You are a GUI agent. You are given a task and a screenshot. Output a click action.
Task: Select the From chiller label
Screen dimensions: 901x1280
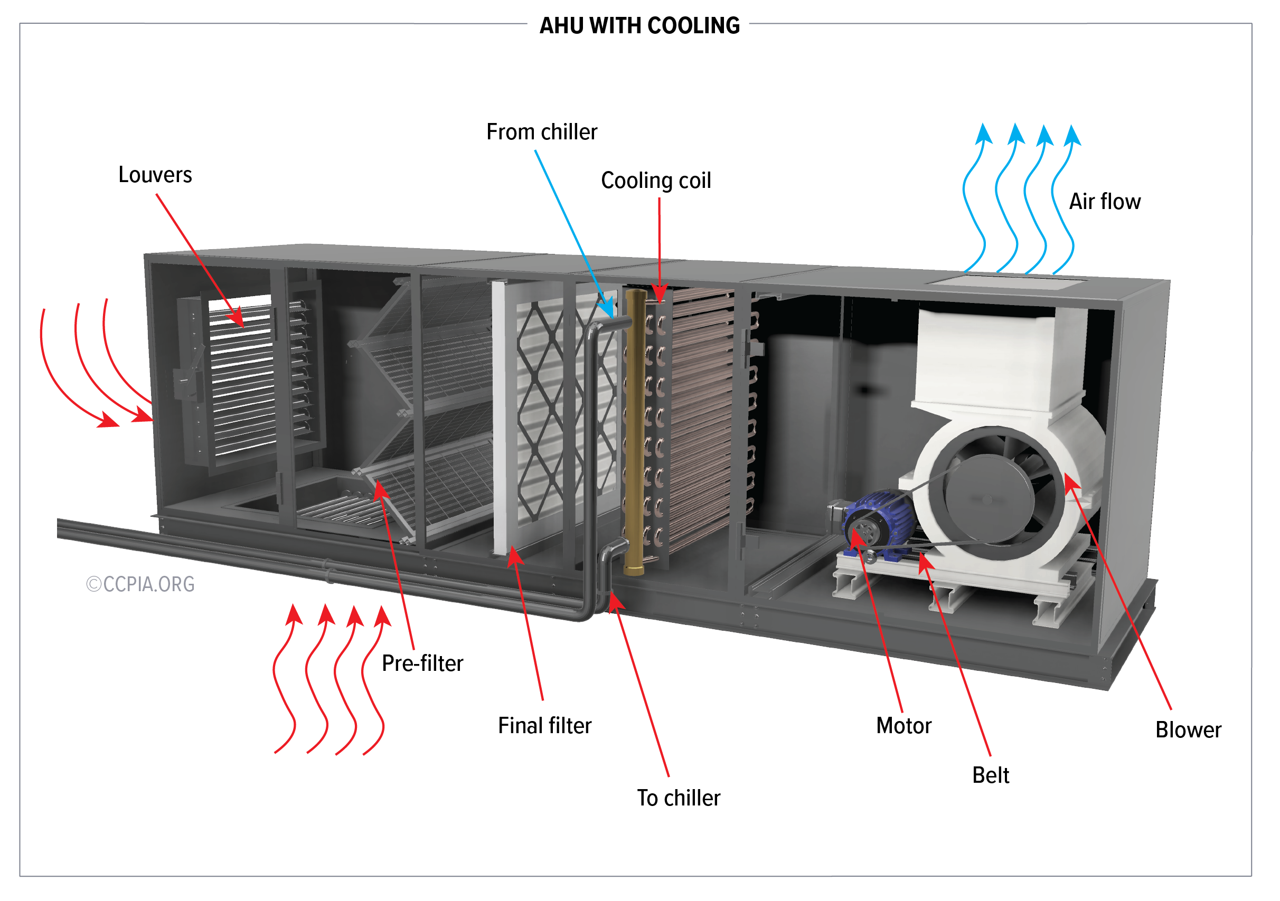(541, 132)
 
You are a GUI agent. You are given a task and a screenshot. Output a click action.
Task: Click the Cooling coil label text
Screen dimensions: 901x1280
(656, 181)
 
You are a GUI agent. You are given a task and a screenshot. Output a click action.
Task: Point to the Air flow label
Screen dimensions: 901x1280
(1104, 202)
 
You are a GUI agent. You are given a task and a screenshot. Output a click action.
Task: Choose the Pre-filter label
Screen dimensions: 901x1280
(422, 663)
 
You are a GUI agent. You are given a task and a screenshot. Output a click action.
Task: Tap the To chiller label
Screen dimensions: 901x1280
(678, 798)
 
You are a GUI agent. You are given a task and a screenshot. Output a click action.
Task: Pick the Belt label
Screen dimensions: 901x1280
(990, 775)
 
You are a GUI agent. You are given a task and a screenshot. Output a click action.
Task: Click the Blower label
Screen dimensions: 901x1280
(1188, 730)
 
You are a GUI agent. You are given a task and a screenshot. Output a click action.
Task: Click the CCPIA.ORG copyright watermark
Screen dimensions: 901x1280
(140, 584)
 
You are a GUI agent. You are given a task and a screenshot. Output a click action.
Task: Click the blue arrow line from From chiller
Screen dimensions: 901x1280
(569, 223)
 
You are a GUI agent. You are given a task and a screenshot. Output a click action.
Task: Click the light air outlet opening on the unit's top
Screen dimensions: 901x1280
(1006, 281)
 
